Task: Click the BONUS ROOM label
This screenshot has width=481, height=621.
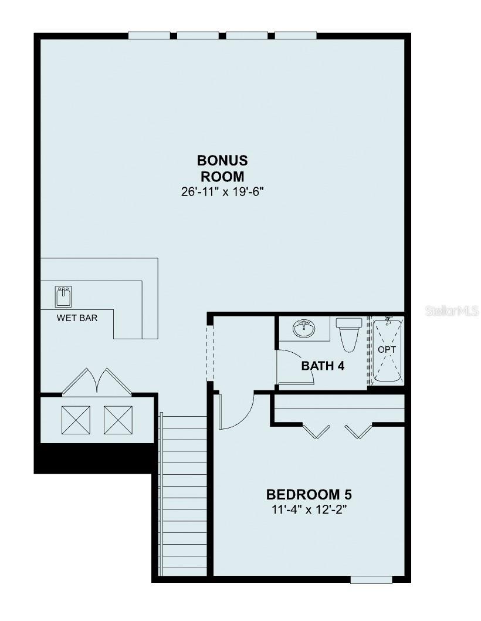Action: click(x=222, y=168)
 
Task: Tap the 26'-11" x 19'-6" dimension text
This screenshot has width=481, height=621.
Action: click(x=222, y=192)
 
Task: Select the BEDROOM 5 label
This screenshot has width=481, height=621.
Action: click(x=309, y=495)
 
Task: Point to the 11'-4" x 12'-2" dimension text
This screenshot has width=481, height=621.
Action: click(x=309, y=509)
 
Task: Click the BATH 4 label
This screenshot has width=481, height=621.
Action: click(x=323, y=366)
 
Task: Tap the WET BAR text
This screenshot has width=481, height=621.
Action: click(x=77, y=318)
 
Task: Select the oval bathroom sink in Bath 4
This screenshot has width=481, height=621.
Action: click(x=304, y=328)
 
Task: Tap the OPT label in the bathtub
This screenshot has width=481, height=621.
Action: click(x=387, y=350)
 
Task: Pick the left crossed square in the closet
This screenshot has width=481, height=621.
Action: click(x=76, y=420)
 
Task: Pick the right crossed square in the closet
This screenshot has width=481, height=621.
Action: click(x=118, y=420)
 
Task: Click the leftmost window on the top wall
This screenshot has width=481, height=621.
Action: click(x=149, y=36)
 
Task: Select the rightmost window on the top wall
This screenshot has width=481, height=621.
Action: click(x=296, y=36)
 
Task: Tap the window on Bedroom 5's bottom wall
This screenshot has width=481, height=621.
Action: click(x=371, y=580)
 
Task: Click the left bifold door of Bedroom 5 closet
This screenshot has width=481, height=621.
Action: click(x=316, y=431)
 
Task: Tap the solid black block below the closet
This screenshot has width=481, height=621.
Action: click(x=93, y=458)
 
